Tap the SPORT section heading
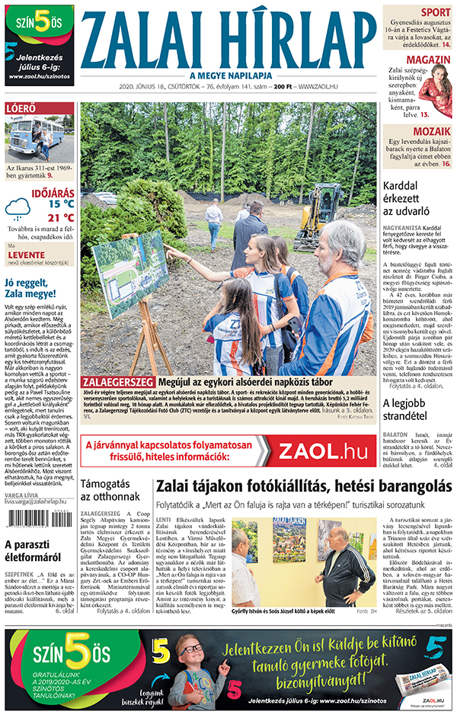click(x=435, y=12)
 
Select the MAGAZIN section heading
click(x=427, y=59)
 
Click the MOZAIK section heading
click(x=431, y=131)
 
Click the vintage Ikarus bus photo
click(x=40, y=137)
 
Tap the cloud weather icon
click(x=18, y=207)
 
